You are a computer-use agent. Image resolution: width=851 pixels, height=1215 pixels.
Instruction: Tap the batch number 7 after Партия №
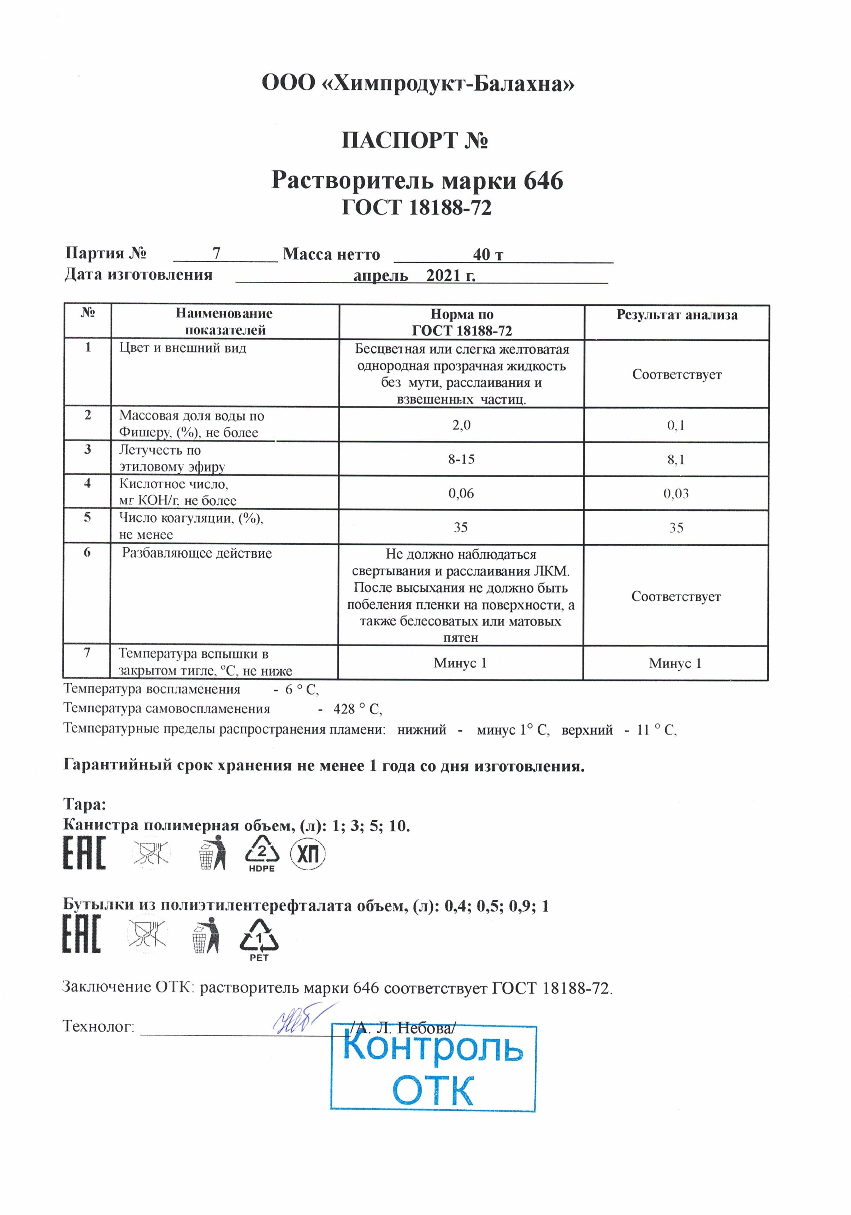216,253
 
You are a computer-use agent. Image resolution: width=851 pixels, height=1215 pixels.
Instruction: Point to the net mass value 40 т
487,255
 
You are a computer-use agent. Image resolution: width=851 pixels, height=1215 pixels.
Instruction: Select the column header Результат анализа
676,315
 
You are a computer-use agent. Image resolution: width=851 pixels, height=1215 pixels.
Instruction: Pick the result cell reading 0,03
676,494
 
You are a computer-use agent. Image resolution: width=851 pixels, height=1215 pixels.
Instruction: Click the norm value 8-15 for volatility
461,459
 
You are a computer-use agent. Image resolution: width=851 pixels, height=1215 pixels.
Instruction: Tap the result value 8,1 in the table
675,460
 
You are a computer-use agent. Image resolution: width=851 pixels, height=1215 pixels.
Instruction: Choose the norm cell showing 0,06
461,494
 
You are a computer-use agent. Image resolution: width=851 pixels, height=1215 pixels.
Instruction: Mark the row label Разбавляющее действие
197,554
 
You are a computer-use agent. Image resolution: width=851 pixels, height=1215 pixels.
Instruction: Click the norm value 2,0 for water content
461,425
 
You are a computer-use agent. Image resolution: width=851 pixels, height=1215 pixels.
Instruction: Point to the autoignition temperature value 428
344,709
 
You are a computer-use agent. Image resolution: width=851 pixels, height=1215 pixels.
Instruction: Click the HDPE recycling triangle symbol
262,853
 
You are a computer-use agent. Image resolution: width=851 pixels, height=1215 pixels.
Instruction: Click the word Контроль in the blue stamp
433,1048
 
